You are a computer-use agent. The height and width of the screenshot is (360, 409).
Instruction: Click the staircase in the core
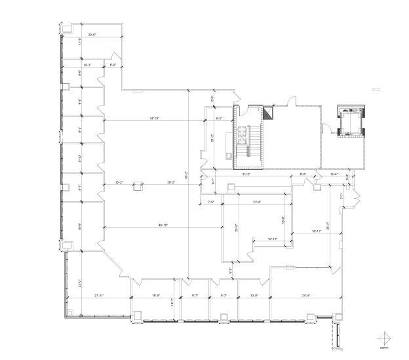click(244, 138)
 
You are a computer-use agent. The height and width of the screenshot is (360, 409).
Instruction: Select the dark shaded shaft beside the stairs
click(268, 113)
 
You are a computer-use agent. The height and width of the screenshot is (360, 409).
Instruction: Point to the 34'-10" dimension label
click(155, 118)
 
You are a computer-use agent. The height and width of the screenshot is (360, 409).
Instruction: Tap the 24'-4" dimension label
click(306, 295)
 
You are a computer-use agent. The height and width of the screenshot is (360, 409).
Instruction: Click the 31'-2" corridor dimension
click(247, 174)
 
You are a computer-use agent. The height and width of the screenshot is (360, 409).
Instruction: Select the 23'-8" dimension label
click(258, 201)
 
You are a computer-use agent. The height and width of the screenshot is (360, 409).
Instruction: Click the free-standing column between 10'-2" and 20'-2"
click(138, 186)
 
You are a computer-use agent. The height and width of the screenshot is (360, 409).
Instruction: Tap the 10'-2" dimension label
click(119, 182)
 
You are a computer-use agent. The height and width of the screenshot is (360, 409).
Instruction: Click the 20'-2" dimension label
click(171, 182)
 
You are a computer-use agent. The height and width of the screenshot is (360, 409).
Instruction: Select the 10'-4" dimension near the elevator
click(334, 174)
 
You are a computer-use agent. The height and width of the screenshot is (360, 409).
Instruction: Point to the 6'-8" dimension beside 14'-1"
click(112, 65)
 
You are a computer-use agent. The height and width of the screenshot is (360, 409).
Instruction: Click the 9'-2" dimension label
click(220, 118)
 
